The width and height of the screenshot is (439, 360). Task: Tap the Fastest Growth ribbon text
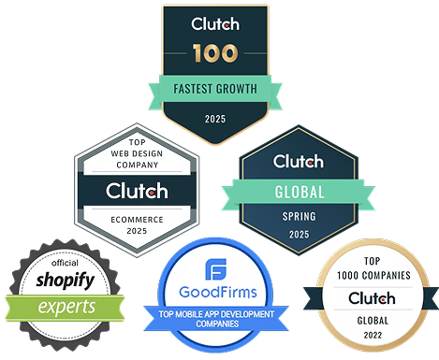(216, 91)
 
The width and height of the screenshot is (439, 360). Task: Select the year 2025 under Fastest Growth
(216, 120)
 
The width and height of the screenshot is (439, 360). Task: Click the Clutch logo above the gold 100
(216, 22)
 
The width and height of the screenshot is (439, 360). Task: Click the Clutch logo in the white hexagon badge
(137, 191)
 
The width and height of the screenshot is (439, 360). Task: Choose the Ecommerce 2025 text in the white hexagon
(137, 223)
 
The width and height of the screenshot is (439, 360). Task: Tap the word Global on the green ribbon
(298, 193)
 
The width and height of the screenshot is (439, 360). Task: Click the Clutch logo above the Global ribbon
(298, 163)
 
